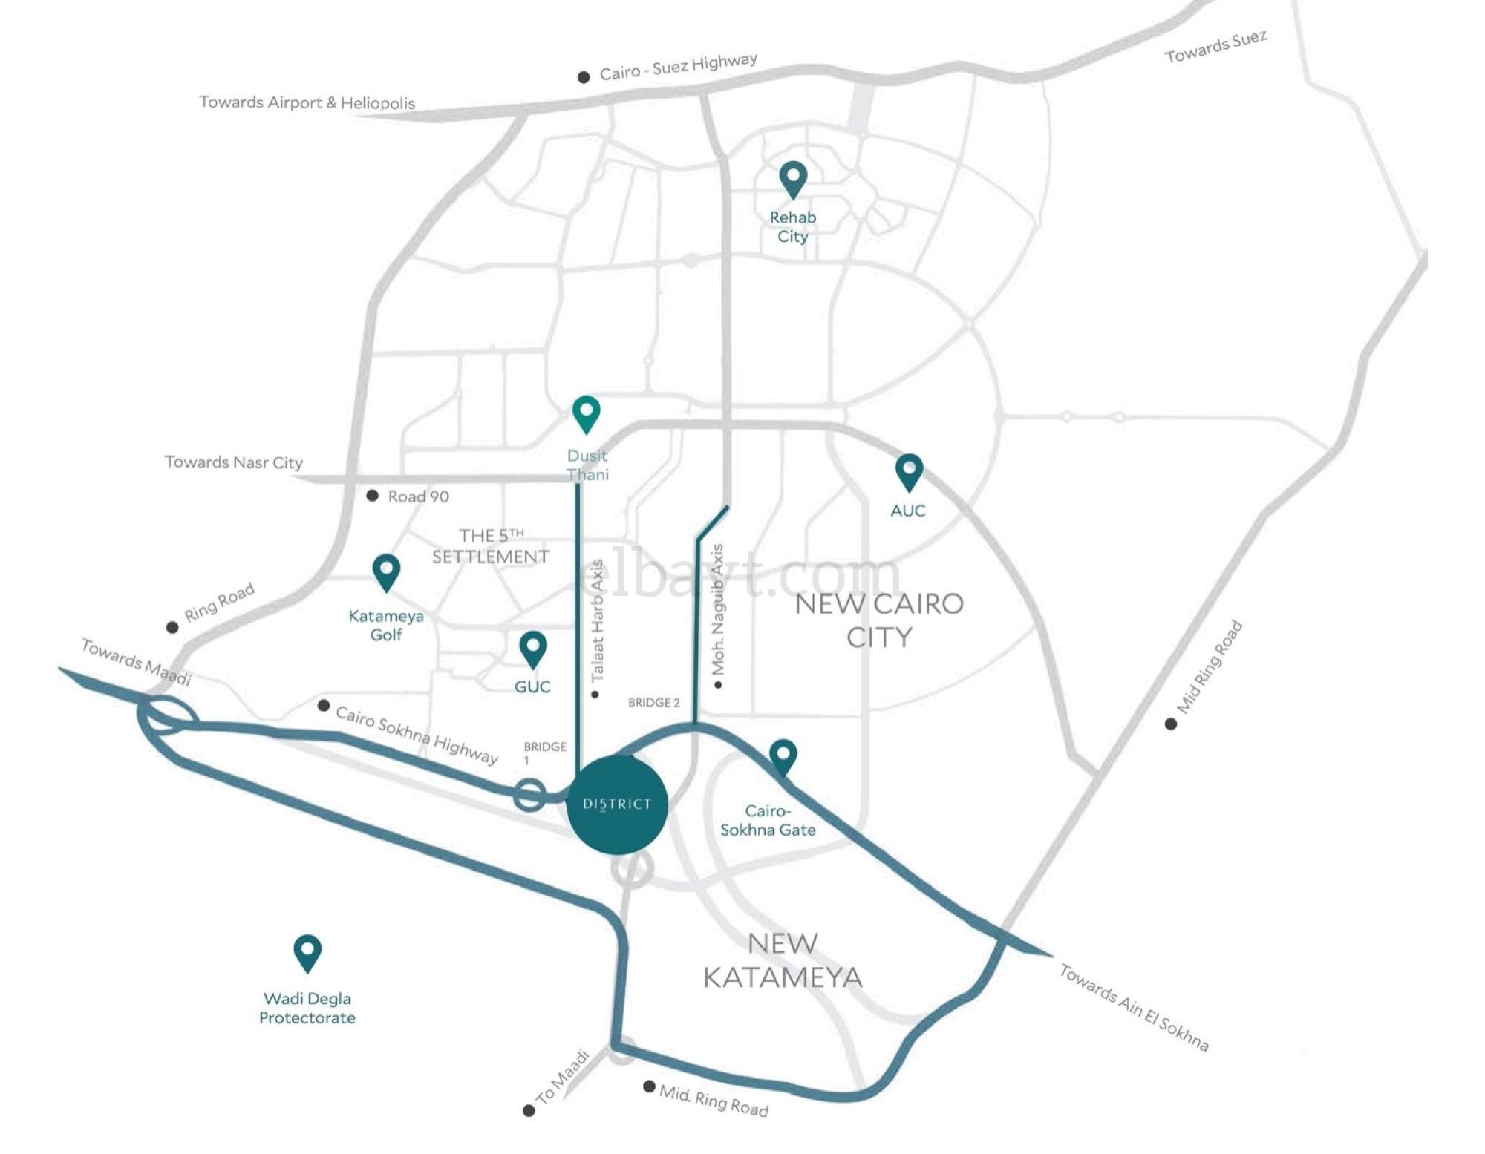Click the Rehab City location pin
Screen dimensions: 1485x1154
click(793, 180)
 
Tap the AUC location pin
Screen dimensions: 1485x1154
click(909, 473)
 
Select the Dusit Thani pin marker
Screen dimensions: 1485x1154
click(587, 414)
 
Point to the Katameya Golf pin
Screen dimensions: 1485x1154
click(386, 572)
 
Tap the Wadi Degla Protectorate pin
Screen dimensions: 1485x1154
click(307, 953)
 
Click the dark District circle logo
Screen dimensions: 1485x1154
click(617, 804)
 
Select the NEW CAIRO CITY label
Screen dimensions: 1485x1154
click(879, 620)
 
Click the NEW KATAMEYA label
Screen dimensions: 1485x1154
click(783, 960)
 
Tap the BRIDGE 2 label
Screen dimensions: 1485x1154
click(653, 702)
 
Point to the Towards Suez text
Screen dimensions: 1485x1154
click(1215, 47)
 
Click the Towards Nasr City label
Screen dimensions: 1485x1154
click(234, 462)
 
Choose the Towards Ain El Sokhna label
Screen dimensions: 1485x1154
click(1134, 1006)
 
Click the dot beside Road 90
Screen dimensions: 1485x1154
click(373, 496)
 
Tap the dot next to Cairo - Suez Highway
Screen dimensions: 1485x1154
click(584, 76)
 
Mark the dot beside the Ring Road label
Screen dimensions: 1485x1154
click(172, 627)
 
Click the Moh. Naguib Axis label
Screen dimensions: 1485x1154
click(718, 610)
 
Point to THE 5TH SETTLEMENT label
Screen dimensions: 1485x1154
click(491, 546)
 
